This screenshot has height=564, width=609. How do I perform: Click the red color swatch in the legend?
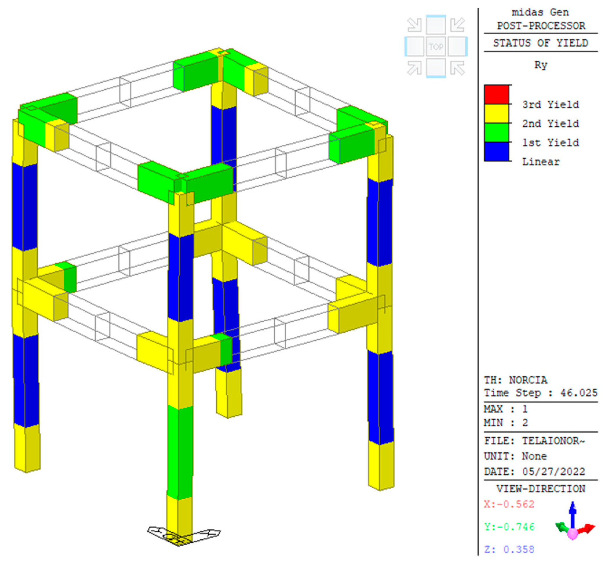[x=496, y=95]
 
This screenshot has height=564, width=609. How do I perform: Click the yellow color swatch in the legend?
[x=496, y=114]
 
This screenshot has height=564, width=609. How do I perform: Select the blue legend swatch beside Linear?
[x=496, y=151]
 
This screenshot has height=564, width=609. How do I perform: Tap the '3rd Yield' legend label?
[x=550, y=105]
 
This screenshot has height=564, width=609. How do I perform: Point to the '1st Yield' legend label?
[x=550, y=143]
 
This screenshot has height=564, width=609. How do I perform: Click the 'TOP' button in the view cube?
[x=436, y=47]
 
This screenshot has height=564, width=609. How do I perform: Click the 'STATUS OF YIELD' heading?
[x=540, y=43]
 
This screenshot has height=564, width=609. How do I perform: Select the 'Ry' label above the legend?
[x=541, y=65]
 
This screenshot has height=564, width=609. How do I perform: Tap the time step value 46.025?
[x=579, y=393]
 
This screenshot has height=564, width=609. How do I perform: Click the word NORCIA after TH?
[x=528, y=380]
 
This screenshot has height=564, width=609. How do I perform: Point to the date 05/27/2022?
[x=553, y=471]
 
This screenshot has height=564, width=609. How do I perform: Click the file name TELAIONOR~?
[x=553, y=441]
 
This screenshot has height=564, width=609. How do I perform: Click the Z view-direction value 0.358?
[x=518, y=549]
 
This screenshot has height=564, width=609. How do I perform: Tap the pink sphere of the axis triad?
[x=573, y=534]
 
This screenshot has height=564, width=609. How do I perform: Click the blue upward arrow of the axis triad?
[x=573, y=513]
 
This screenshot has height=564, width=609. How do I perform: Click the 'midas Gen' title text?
[x=540, y=12]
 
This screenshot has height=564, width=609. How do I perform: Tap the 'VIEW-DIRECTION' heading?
[x=540, y=489]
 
